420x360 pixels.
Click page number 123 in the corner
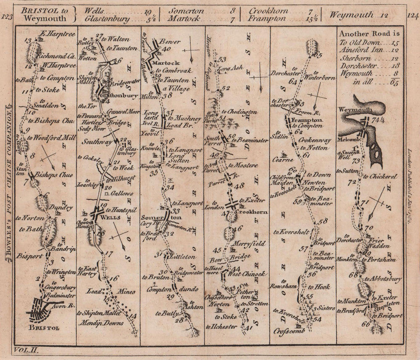tap(7, 16)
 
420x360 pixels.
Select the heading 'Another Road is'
tap(369, 34)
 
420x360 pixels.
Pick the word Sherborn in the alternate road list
tap(354, 58)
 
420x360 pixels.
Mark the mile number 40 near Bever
tap(155, 49)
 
